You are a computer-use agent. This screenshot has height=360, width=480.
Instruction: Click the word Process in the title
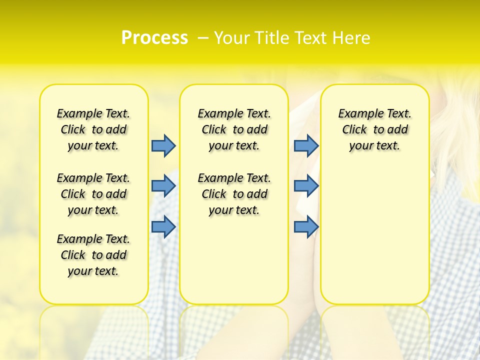coord(154,38)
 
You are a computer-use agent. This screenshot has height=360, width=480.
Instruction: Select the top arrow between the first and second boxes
coord(163,145)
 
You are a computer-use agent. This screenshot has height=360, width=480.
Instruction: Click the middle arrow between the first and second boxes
coord(163,186)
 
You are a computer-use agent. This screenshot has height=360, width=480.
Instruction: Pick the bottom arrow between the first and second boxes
coord(163,226)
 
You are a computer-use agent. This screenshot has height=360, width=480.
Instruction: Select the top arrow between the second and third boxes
coord(306,145)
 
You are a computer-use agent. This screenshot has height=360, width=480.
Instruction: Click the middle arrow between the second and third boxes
coord(306,186)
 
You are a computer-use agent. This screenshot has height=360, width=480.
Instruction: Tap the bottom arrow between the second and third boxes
coord(306,226)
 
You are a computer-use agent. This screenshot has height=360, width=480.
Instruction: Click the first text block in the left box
coord(93,129)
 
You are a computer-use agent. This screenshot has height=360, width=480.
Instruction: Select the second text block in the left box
coord(93,194)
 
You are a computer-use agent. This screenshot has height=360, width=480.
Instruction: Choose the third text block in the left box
coord(93,255)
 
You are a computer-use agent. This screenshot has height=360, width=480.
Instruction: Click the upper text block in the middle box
coord(234,129)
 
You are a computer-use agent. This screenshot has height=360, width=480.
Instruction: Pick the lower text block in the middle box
coord(234,194)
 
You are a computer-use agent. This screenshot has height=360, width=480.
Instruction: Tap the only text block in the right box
coord(374,129)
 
